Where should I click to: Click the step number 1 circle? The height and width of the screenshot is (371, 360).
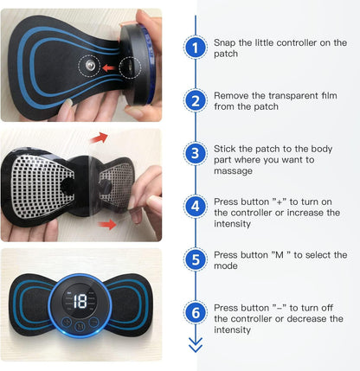pyautogui.click(x=196, y=48)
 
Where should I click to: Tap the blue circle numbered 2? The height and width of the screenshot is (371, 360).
pyautogui.click(x=196, y=100)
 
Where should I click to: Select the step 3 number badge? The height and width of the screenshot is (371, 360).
pyautogui.click(x=196, y=153)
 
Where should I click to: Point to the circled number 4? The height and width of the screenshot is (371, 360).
pyautogui.click(x=196, y=206)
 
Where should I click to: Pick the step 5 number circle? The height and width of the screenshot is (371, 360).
pyautogui.click(x=196, y=259)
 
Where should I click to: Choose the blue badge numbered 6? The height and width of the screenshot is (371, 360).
pyautogui.click(x=196, y=311)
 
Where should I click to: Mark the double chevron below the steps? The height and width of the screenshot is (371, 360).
pyautogui.click(x=196, y=346)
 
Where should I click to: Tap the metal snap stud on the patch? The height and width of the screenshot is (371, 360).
pyautogui.click(x=87, y=65)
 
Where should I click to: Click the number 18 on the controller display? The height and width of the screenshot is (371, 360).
pyautogui.click(x=80, y=301)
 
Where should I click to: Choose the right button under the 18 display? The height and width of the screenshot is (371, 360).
pyautogui.click(x=93, y=327)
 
